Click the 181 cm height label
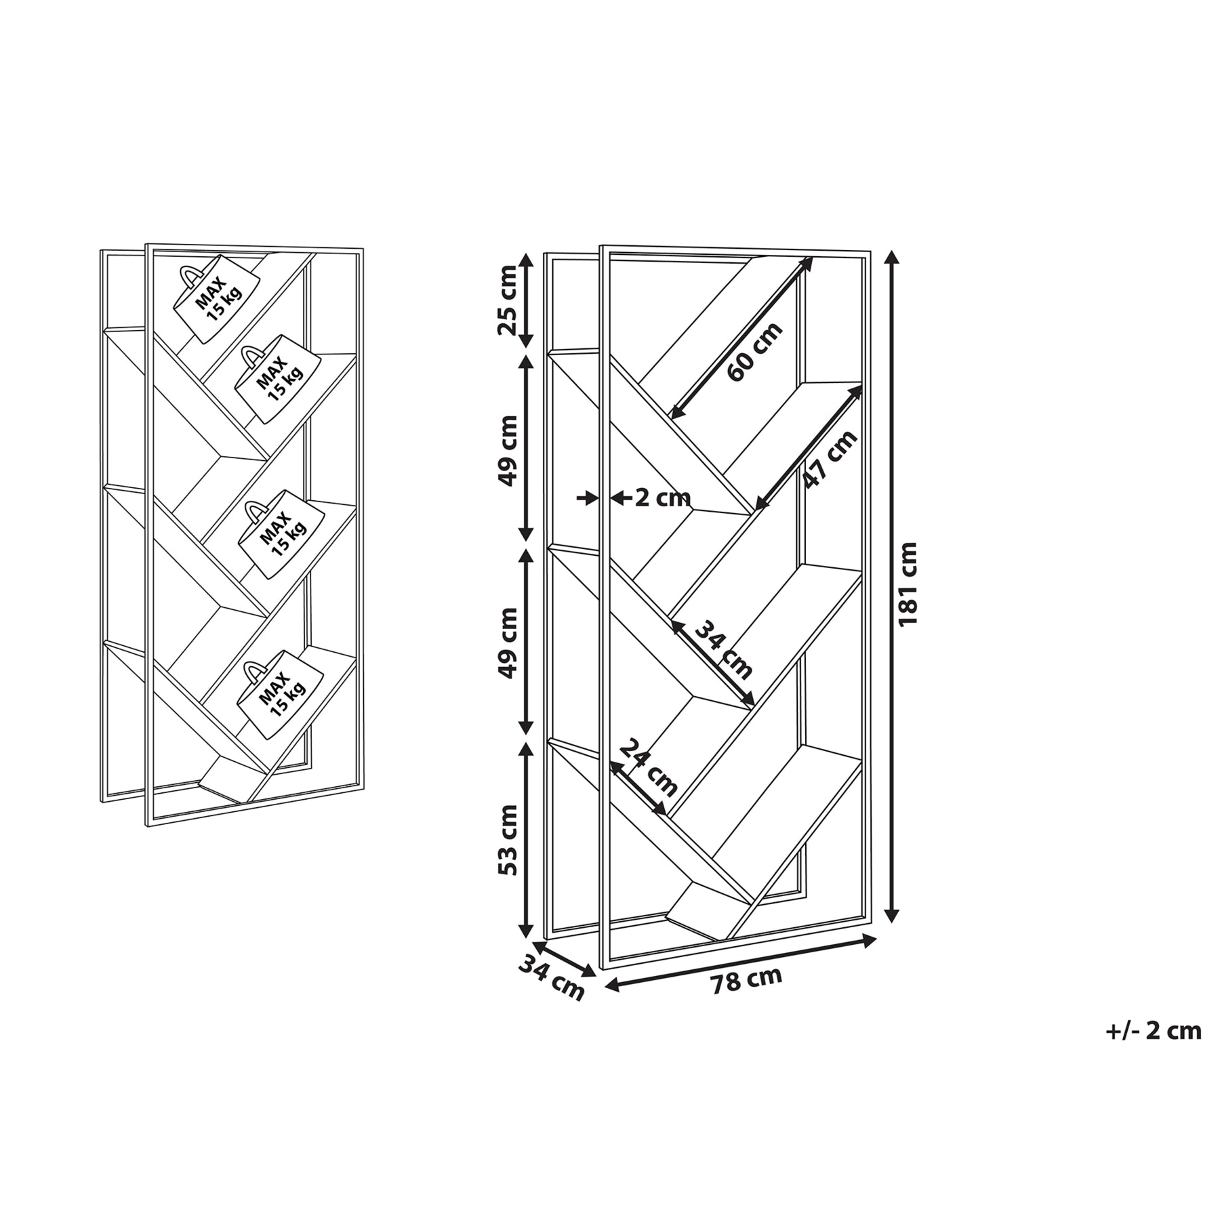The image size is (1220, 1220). [x=908, y=584]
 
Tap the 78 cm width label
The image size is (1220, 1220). [x=746, y=981]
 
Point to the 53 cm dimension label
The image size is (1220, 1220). [x=508, y=840]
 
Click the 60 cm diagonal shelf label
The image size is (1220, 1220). [x=754, y=352]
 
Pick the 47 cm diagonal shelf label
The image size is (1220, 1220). [x=830, y=460]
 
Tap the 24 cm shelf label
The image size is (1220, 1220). [x=649, y=767]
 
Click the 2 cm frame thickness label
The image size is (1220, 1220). [x=663, y=498]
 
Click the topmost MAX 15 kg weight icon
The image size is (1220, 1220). [x=216, y=299]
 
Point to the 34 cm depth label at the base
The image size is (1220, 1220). [x=551, y=977]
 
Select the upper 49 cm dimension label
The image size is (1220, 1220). [x=508, y=451]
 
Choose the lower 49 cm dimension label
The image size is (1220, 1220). [x=508, y=643]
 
